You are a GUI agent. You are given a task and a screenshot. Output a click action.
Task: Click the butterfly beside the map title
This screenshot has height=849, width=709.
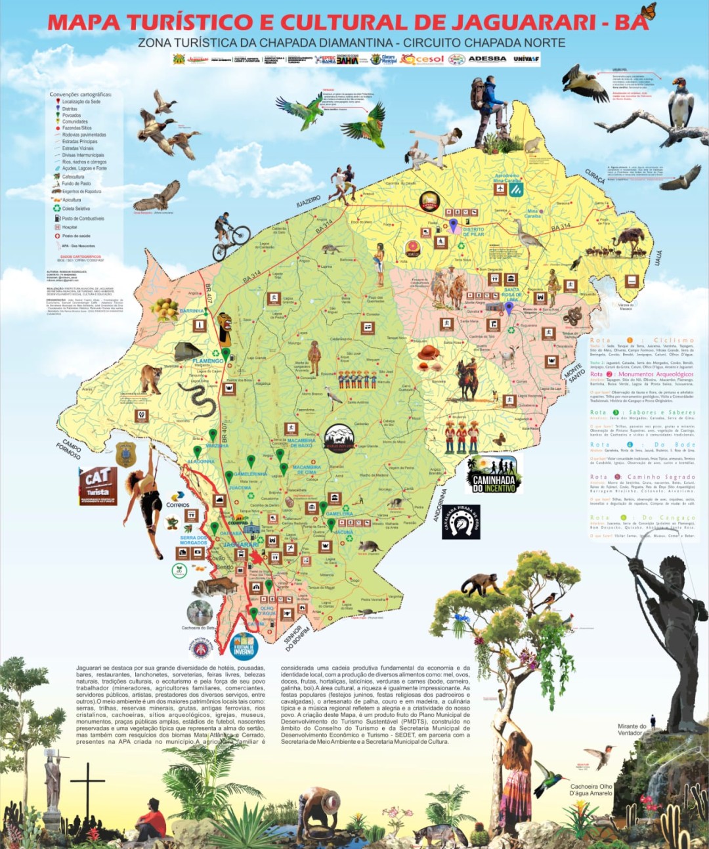tap(647, 11)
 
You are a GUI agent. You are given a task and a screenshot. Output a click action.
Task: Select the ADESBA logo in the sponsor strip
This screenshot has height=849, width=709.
tap(487, 59)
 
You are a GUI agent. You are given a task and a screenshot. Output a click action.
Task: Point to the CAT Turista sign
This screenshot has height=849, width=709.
tap(98, 485)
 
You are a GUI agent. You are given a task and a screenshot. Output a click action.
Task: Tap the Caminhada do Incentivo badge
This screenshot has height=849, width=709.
tap(494, 475)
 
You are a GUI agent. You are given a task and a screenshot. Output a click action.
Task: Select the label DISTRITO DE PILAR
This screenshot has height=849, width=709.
tap(473, 232)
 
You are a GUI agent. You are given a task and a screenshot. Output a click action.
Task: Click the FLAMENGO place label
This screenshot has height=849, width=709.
tap(207, 361)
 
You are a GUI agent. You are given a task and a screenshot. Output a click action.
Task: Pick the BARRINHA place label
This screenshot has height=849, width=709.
tap(192, 311)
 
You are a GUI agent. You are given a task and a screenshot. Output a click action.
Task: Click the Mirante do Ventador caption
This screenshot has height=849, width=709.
tap(632, 729)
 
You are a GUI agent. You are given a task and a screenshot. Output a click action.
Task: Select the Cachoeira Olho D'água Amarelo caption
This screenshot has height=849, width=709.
tap(591, 790)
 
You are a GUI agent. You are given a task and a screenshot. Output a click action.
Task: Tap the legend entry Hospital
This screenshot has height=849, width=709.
tap(69, 227)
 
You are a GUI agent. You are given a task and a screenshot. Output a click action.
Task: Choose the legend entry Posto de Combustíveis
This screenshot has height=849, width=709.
tap(82, 219)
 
